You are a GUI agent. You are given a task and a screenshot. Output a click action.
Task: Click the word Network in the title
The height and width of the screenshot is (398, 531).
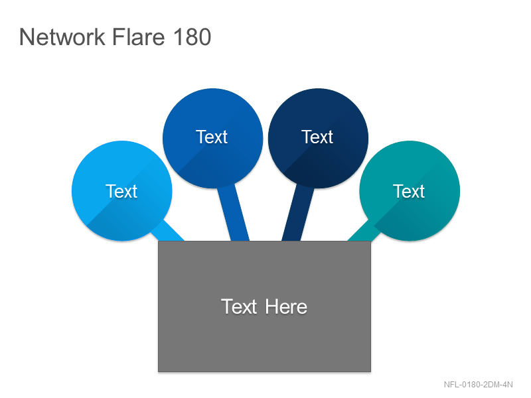62,37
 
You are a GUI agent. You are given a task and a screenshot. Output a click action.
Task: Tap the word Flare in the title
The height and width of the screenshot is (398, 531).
139,37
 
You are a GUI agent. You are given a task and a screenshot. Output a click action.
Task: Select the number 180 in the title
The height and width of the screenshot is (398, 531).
192,37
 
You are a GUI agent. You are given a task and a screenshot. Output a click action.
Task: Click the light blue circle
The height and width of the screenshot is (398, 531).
122,191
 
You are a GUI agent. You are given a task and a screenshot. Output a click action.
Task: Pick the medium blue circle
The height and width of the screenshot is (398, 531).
212,138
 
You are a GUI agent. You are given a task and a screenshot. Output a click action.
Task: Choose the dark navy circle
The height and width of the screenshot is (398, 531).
318,138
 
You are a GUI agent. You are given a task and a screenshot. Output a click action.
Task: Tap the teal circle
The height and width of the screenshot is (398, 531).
410,191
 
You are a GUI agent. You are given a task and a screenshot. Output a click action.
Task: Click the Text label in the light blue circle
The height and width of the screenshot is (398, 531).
121,192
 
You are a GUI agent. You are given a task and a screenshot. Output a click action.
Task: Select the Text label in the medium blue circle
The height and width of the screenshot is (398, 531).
212,137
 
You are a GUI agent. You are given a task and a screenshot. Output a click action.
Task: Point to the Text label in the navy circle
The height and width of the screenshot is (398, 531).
317,137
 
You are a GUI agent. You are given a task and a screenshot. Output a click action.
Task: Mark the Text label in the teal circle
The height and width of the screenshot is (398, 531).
409,192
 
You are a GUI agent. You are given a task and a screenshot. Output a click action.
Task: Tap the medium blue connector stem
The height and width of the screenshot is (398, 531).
233,213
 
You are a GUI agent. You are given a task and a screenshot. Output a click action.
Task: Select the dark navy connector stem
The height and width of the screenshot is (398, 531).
297,213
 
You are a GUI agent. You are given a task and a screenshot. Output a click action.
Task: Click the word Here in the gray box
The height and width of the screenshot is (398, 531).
286,307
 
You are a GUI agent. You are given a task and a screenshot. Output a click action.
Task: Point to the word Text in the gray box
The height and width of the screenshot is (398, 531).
239,307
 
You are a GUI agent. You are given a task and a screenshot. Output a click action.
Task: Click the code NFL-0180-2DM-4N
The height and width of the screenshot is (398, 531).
478,385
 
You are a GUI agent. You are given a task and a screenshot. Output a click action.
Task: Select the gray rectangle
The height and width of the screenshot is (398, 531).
264,306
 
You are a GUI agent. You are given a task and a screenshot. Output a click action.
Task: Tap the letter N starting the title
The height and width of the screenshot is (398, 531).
26,37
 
